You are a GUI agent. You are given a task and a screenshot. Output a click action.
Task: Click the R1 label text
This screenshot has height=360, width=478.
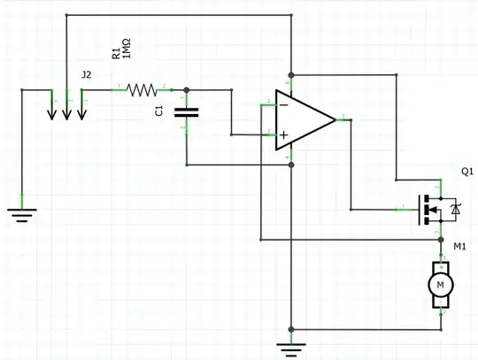pos(115,53)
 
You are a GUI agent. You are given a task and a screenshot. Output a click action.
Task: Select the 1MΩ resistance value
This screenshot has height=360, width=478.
pos(127,55)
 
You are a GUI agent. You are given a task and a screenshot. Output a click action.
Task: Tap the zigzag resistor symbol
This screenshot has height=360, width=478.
pos(142,88)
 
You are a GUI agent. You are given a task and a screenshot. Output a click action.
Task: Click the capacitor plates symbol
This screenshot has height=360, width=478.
pos(186,111)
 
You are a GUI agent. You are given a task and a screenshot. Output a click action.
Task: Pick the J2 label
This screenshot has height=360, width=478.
pos(85,75)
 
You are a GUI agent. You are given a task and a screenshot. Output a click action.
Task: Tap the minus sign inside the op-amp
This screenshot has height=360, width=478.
pos(283,104)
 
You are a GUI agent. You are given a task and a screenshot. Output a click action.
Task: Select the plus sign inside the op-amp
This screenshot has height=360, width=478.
pos(284,135)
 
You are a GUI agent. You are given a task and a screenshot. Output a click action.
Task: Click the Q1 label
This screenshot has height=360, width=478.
pos(466,170)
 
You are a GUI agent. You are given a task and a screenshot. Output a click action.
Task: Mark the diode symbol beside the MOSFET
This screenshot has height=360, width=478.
pos(455,209)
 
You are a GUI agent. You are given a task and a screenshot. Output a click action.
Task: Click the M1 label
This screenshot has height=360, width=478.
pos(459,247)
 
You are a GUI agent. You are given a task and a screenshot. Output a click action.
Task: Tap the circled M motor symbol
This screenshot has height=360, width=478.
pos(440,285)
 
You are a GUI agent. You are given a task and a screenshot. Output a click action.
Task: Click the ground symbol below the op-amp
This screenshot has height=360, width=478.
pos(291,349)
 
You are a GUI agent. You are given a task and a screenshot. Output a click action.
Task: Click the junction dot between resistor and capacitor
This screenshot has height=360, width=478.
pos(186,88)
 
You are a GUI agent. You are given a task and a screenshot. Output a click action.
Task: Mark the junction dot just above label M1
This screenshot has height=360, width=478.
pos(440,239)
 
